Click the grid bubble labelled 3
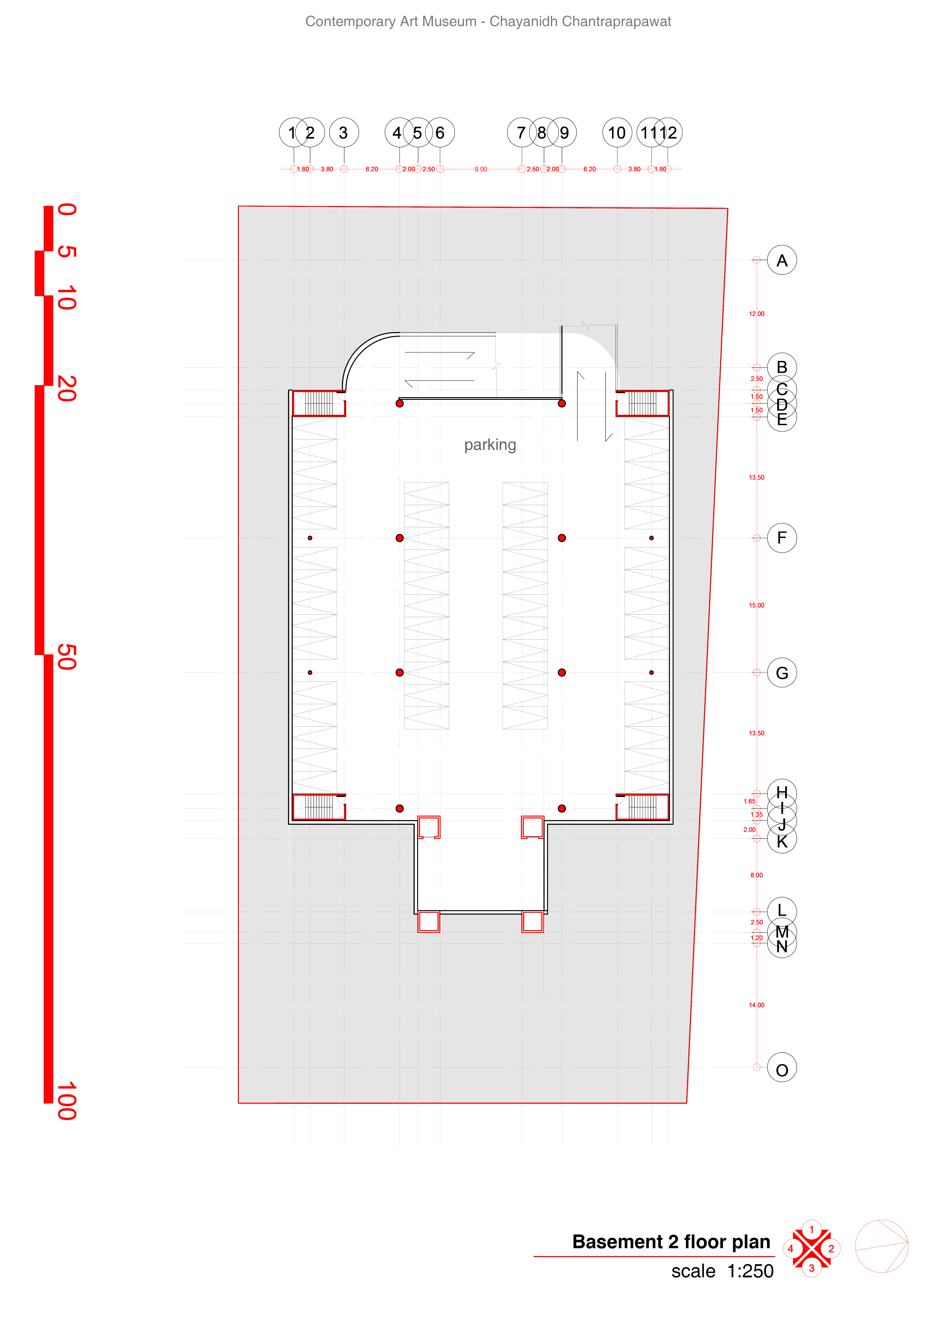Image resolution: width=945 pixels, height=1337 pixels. coord(343,133)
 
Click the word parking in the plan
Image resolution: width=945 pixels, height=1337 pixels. coord(490,445)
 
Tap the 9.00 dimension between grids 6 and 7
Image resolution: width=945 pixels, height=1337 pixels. coord(480,169)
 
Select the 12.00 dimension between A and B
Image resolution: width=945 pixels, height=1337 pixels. coord(756,314)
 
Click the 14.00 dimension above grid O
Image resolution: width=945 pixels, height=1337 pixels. coord(756,1005)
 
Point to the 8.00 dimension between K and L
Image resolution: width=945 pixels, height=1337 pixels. coord(756,875)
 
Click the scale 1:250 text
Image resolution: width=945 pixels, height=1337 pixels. coord(722,1271)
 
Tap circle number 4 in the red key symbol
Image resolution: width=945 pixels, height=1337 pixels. coord(791,1249)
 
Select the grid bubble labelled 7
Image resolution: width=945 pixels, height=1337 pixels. coord(521,133)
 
